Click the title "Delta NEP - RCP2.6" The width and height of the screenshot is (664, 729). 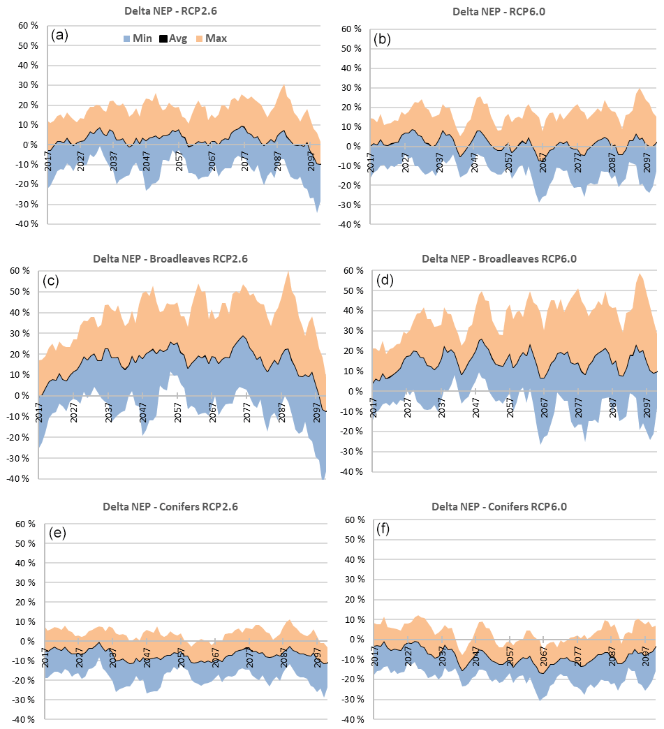pyautogui.click(x=170, y=10)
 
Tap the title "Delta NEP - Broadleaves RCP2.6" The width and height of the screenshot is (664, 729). pyautogui.click(x=170, y=258)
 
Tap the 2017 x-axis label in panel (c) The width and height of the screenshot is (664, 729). pyautogui.click(x=40, y=411)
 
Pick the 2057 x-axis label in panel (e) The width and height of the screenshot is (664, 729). pyautogui.click(x=181, y=656)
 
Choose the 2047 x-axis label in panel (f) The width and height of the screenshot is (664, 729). pyautogui.click(x=475, y=654)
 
